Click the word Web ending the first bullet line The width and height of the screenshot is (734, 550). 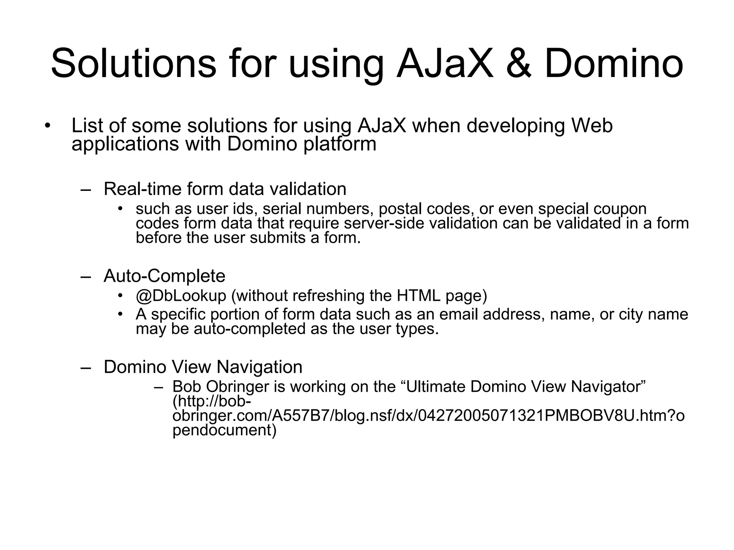click(592, 126)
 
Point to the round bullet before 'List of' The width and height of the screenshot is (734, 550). click(47, 126)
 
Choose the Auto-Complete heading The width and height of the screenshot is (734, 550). click(165, 276)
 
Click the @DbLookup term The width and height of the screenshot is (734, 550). click(181, 296)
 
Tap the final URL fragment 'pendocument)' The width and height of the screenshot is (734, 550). click(224, 430)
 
